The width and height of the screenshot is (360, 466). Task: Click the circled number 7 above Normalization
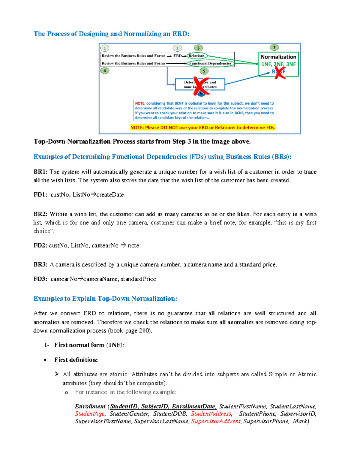[x=274, y=47]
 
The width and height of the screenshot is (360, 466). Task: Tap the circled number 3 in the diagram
[x=198, y=48]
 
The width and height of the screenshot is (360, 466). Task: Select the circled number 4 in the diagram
[x=105, y=71]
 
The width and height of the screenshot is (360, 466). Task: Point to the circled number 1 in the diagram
[x=105, y=48]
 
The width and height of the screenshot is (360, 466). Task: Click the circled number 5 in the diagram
[x=204, y=71]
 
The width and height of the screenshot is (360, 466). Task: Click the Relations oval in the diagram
[x=196, y=56]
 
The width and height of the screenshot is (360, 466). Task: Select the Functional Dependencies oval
[x=210, y=63]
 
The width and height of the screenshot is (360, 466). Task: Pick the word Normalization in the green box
[x=278, y=57]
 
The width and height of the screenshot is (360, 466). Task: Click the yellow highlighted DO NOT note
[x=203, y=128]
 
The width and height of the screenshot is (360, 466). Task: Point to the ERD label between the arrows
[x=177, y=56]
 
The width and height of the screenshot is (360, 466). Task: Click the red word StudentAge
[x=90, y=414]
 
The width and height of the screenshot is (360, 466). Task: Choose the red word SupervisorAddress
[x=216, y=421]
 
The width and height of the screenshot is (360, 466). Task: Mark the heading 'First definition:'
[x=76, y=360]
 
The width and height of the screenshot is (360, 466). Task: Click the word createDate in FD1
[x=110, y=195]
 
